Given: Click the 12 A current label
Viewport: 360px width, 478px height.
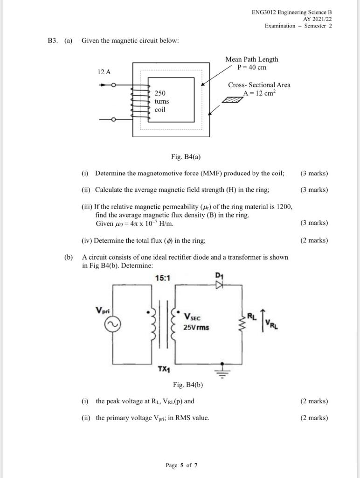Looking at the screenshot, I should pos(104,72).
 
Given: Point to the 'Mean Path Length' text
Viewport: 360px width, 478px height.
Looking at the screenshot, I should pos(251,59).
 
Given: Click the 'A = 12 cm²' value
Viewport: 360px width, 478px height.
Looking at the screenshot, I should pos(259,93).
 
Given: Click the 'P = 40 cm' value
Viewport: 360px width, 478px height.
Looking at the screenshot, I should pos(252,67).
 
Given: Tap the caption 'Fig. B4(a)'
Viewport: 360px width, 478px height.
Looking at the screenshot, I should pos(186,156).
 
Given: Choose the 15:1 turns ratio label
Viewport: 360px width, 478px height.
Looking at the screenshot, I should pos(163,278).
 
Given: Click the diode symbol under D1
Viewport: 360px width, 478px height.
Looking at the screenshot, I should pos(219,283).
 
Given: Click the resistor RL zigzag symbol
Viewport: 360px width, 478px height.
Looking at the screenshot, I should pos(242,322).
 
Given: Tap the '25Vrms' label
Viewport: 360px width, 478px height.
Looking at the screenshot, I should pos(196,327).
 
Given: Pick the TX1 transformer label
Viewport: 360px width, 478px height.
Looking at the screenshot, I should pos(164,369).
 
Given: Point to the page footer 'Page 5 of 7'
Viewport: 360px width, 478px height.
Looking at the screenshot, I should pos(182,465).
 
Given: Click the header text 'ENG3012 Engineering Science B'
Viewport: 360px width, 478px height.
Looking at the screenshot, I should pos(291,12).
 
